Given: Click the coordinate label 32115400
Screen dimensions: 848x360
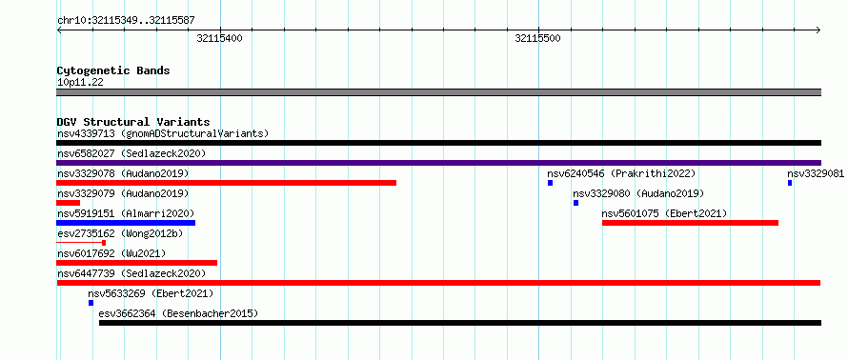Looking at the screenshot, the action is (x=219, y=38).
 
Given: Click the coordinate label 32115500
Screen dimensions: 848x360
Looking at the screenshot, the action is (x=538, y=38).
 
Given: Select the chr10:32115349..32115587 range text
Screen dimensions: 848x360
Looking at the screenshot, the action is (x=126, y=21).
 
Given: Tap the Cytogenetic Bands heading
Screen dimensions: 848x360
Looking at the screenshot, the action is (x=113, y=70).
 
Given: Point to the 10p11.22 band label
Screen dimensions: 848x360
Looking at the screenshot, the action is (x=80, y=83).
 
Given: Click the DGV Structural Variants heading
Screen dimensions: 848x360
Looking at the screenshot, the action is (x=133, y=122).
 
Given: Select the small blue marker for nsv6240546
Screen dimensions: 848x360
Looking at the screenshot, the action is (x=550, y=183).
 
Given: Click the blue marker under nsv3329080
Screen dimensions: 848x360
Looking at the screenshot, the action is (x=575, y=203).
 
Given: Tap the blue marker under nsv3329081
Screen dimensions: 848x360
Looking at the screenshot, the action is (x=790, y=183).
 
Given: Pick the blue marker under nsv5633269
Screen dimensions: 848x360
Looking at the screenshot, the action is (x=91, y=303).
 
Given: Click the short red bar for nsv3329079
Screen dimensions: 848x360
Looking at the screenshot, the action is (x=69, y=203).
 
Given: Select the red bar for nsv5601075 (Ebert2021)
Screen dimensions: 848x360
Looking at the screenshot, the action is (x=690, y=223).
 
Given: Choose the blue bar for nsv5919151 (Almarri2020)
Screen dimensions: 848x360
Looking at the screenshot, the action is (x=126, y=223).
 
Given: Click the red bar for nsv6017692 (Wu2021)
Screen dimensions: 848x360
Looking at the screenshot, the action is (x=137, y=263).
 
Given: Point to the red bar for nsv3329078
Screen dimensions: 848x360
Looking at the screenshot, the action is (x=226, y=183).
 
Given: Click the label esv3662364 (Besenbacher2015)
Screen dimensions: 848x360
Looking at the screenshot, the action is (x=178, y=313).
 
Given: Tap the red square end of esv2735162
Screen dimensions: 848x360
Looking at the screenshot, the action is (x=104, y=243).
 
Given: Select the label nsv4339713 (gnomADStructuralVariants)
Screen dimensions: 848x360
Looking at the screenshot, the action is (x=163, y=133).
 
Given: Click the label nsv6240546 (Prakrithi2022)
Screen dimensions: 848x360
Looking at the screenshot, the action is (x=621, y=173).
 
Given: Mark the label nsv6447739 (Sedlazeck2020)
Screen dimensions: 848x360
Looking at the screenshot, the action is (x=131, y=273).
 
